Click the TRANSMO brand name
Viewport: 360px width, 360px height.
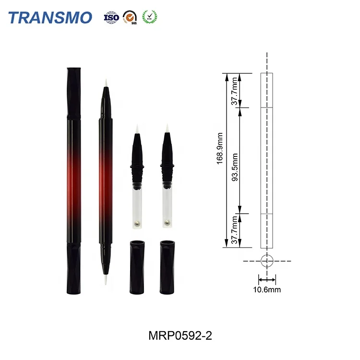pyautogui.click(x=50, y=18)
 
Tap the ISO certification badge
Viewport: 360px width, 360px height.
pyautogui.click(x=111, y=18)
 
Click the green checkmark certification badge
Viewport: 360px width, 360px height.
pyautogui.click(x=149, y=17)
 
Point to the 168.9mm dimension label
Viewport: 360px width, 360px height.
pyautogui.click(x=219, y=149)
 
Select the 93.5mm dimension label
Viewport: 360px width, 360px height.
pyautogui.click(x=235, y=160)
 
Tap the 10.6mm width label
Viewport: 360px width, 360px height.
pyautogui.click(x=267, y=289)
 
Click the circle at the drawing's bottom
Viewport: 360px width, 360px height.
pyautogui.click(x=267, y=261)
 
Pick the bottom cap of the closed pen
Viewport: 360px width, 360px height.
pyautogui.click(x=73, y=269)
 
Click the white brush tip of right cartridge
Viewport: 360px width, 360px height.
pyautogui.click(x=167, y=128)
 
